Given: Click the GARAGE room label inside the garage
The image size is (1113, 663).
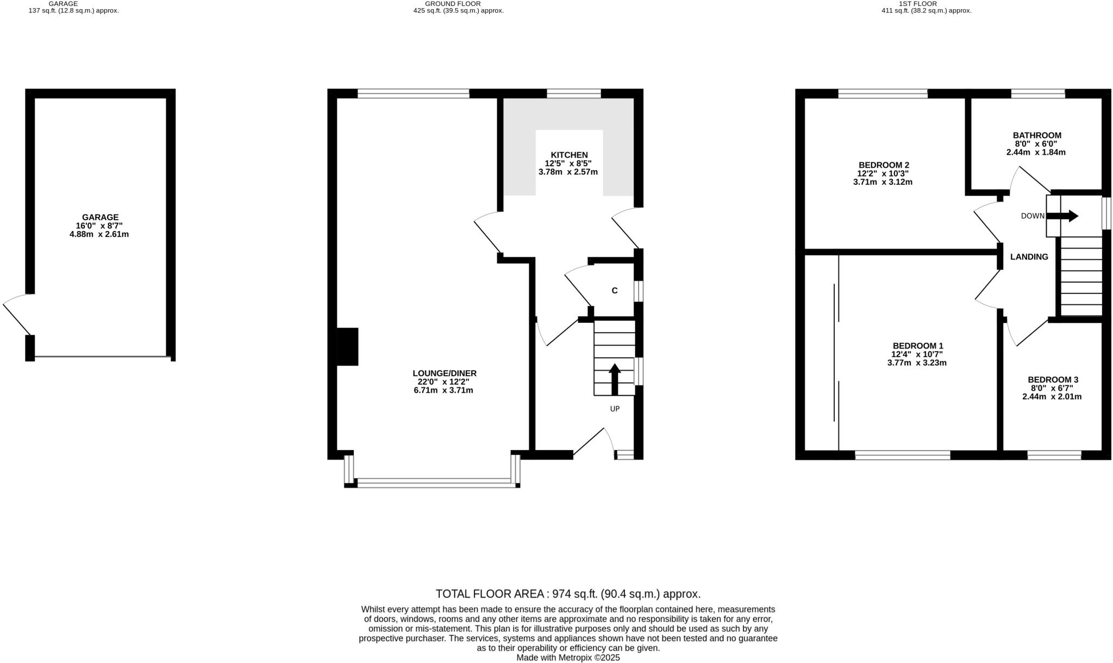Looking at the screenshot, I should pyautogui.click(x=100, y=217).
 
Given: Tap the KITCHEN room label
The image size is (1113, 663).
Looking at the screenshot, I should pyautogui.click(x=569, y=155).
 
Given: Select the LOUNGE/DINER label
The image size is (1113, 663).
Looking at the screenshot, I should pyautogui.click(x=444, y=373).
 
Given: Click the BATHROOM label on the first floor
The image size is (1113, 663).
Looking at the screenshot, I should pyautogui.click(x=1036, y=135).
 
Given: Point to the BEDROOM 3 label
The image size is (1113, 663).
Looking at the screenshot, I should pyautogui.click(x=1053, y=380).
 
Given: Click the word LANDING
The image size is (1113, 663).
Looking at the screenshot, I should pyautogui.click(x=1029, y=257).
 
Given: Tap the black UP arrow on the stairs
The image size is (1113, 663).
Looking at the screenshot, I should pyautogui.click(x=615, y=379).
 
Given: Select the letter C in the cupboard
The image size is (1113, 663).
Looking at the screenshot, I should pyautogui.click(x=615, y=291).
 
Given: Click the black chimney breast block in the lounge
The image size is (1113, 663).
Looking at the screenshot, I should pyautogui.click(x=347, y=347).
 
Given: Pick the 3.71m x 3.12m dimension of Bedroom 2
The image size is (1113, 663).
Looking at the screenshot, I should pyautogui.click(x=883, y=182).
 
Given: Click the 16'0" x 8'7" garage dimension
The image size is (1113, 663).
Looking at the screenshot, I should pyautogui.click(x=100, y=226).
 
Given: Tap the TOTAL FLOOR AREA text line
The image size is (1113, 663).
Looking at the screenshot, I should pyautogui.click(x=568, y=594).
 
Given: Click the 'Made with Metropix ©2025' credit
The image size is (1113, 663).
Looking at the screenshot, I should pyautogui.click(x=568, y=658).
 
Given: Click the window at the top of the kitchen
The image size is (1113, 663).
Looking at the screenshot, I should pyautogui.click(x=573, y=93).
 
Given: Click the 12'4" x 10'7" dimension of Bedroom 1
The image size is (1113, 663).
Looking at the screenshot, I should pyautogui.click(x=917, y=354).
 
